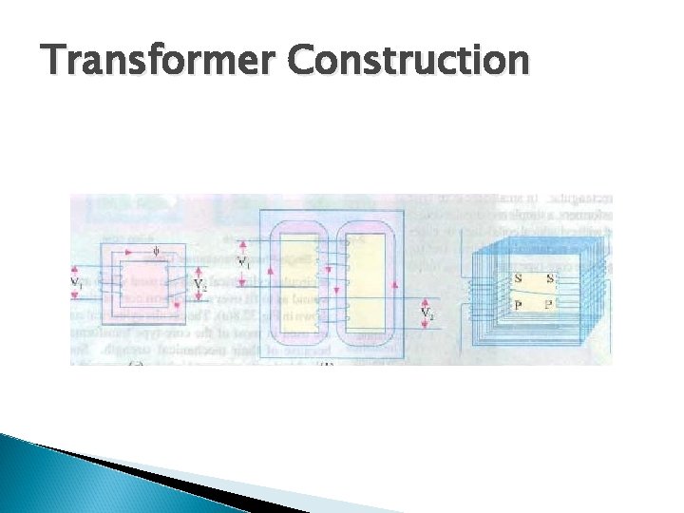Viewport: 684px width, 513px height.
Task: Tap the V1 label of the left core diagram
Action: tap(77, 282)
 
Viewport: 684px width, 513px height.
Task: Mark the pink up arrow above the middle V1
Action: tap(242, 244)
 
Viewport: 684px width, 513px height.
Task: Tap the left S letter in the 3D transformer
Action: tap(517, 279)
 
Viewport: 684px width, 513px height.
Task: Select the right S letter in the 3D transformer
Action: tap(552, 279)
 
